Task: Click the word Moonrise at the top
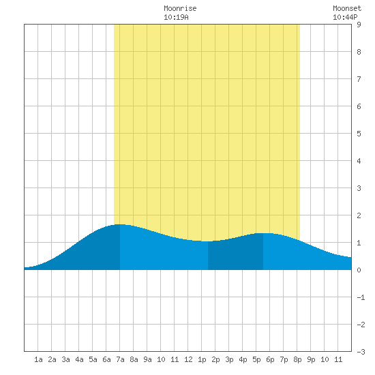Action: pos(180,8)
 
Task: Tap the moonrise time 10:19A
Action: pos(176,17)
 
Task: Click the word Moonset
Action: pos(347,8)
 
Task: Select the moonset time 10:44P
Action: pos(345,17)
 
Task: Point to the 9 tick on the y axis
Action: pos(359,25)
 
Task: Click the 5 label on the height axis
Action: pos(359,134)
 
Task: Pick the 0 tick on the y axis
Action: pos(359,270)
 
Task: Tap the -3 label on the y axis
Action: pos(361,352)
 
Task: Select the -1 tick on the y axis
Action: pos(361,297)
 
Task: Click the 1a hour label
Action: pos(38,359)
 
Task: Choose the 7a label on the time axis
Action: pos(120,359)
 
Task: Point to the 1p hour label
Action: pos(202,359)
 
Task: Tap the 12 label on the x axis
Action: pos(188,359)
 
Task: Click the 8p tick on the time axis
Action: pos(297,359)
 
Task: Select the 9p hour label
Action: pos(311,359)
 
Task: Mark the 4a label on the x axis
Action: pos(79,359)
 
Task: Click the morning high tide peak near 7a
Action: pos(120,224)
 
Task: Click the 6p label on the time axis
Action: pos(270,359)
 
